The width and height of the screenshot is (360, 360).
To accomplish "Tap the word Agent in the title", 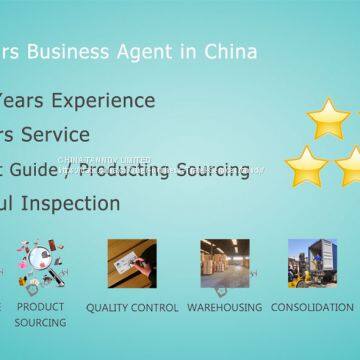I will tap(161, 50).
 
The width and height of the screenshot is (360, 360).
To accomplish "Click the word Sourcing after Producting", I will tap(212, 169).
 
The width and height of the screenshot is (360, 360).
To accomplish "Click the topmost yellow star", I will tap(328, 118).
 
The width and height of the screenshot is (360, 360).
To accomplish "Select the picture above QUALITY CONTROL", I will tap(131, 264).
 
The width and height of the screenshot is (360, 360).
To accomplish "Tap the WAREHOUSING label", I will tap(224, 308).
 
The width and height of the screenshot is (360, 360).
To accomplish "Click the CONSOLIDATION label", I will tap(311, 308).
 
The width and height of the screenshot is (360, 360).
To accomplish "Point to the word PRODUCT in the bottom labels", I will tap(40, 306).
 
